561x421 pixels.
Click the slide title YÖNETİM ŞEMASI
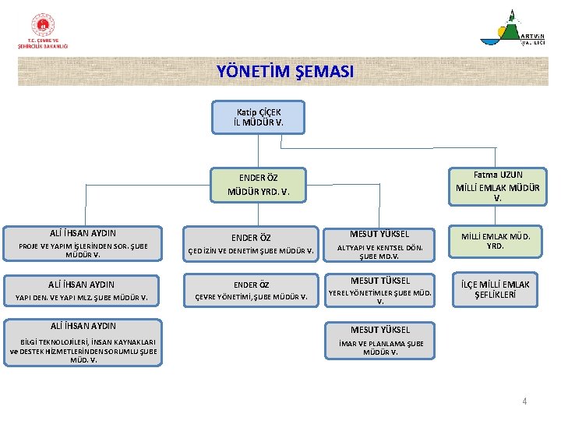[x=284, y=72]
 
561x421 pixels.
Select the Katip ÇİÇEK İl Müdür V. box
[x=258, y=118]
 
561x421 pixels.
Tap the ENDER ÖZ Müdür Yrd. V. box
[x=258, y=184]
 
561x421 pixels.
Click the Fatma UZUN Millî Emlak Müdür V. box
[x=498, y=186]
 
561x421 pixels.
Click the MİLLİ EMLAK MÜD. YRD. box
[x=495, y=241]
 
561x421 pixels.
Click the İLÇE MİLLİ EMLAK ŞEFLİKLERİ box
[x=495, y=289]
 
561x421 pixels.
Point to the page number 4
[x=524, y=402]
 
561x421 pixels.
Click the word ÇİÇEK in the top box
[x=268, y=112]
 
